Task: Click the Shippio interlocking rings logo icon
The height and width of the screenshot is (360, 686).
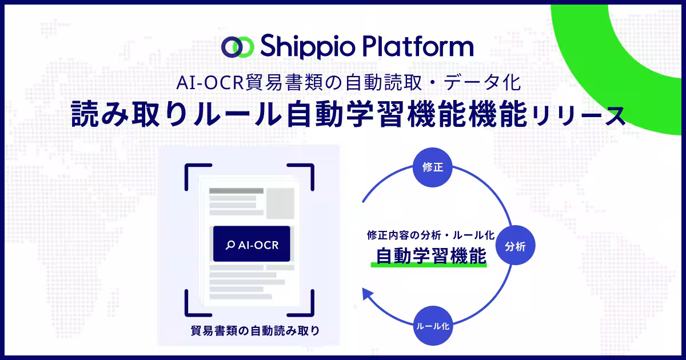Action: pyautogui.click(x=238, y=47)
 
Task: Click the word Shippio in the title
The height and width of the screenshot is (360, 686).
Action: pyautogui.click(x=308, y=47)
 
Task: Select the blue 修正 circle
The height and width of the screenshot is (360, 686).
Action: pyautogui.click(x=432, y=167)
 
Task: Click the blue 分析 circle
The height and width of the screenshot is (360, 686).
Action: pyautogui.click(x=516, y=245)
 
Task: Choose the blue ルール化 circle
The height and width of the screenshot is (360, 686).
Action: pyautogui.click(x=433, y=326)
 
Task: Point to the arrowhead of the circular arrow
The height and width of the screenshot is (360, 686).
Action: pyautogui.click(x=368, y=294)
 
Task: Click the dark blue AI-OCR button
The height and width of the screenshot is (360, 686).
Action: pyautogui.click(x=252, y=243)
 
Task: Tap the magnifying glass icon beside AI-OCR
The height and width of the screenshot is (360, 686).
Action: pyautogui.click(x=230, y=245)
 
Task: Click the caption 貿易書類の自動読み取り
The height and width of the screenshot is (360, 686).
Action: pyautogui.click(x=255, y=331)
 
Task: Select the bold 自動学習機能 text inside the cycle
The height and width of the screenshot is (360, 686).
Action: pyautogui.click(x=431, y=255)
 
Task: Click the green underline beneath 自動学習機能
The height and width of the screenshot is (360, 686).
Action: pyautogui.click(x=429, y=265)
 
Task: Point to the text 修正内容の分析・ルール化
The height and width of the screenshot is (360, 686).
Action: pyautogui.click(x=430, y=235)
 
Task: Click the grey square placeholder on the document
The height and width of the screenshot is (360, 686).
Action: pyautogui.click(x=280, y=203)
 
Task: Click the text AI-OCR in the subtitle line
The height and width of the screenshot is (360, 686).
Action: pyautogui.click(x=210, y=83)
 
